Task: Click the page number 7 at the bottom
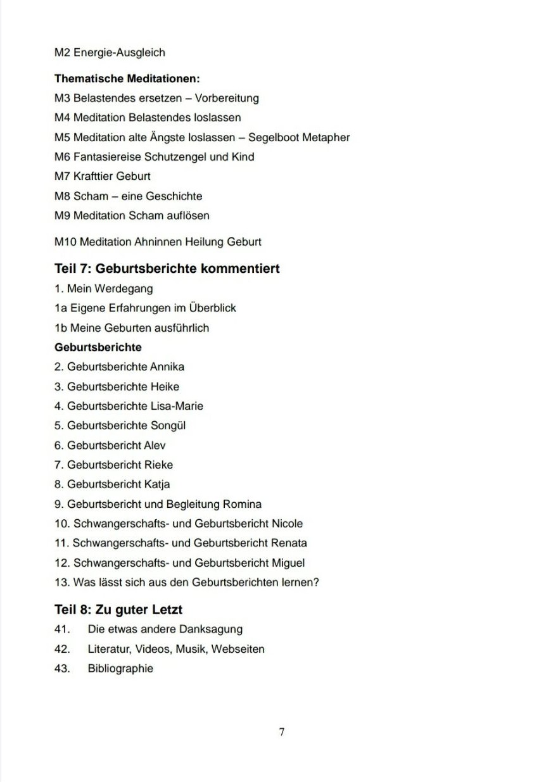click(x=281, y=732)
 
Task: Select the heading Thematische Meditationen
click(x=127, y=79)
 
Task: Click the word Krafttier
click(x=94, y=177)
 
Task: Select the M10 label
click(x=65, y=242)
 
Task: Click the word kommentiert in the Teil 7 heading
click(x=240, y=268)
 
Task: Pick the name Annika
click(x=167, y=367)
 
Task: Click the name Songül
click(x=168, y=426)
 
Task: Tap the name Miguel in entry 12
click(x=288, y=563)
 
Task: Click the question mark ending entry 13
click(x=316, y=583)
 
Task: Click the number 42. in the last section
click(x=61, y=649)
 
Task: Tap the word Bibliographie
click(x=120, y=669)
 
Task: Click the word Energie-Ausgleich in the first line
click(x=119, y=53)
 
